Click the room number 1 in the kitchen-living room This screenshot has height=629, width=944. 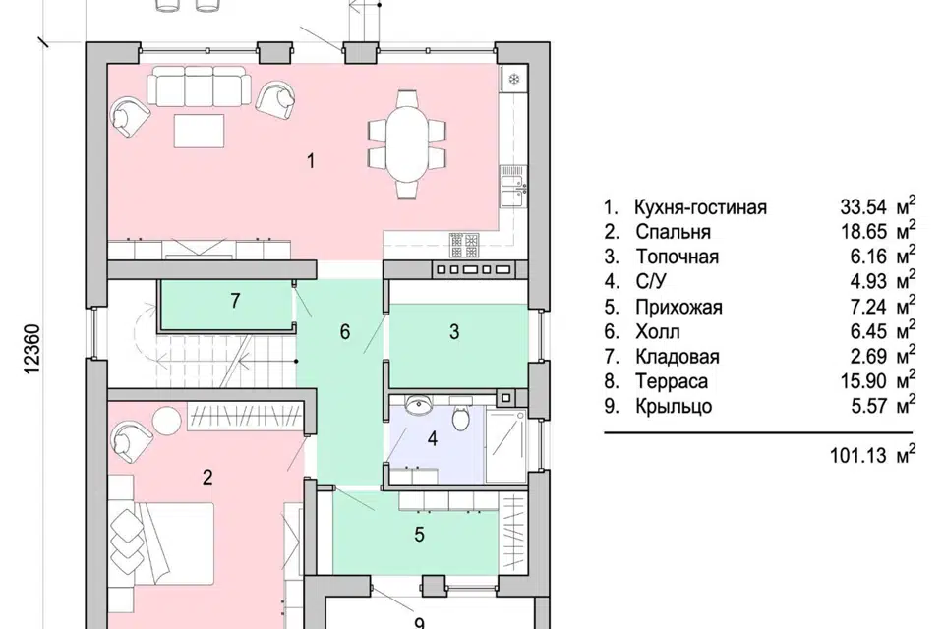coord(311,161)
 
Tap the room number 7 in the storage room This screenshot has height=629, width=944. coord(235,301)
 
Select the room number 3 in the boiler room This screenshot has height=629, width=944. coord(454,332)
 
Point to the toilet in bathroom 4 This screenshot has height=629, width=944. coord(459,418)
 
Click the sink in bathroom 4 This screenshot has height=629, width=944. coord(419,404)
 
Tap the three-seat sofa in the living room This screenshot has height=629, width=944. coord(201,88)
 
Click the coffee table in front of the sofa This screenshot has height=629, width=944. coord(201,131)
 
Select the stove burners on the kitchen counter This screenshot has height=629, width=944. coord(462,242)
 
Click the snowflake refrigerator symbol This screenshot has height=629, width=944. coord(513,78)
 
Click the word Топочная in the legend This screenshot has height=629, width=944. coord(676,257)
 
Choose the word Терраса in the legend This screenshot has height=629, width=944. coord(671,381)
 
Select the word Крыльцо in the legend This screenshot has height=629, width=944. coord(674,406)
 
